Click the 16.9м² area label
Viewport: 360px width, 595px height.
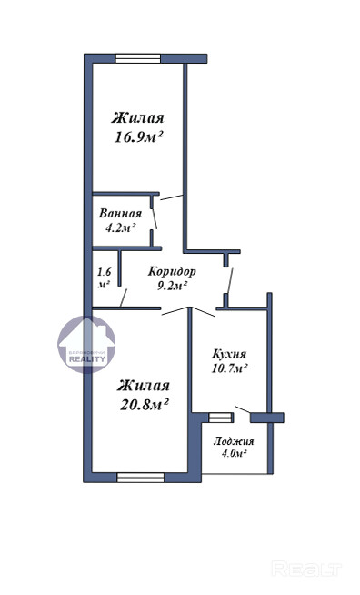click(x=138, y=137)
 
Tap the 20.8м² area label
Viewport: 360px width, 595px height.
click(x=145, y=405)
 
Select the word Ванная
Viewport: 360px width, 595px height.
click(x=120, y=213)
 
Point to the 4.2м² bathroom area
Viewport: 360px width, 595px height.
click(x=121, y=228)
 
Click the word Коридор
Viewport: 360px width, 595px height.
click(x=172, y=272)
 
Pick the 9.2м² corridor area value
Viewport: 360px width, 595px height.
click(x=173, y=286)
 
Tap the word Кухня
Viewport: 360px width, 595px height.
click(x=229, y=355)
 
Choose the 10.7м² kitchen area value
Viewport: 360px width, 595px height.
click(x=229, y=368)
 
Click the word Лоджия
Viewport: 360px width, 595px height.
click(x=234, y=441)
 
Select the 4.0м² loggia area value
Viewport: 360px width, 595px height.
click(x=234, y=453)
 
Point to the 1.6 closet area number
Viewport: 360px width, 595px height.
click(x=104, y=272)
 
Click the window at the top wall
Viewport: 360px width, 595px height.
click(x=138, y=58)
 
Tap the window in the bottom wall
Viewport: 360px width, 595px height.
click(x=140, y=478)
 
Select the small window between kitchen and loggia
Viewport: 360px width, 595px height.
click(x=220, y=418)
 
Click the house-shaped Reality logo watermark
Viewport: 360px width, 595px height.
click(x=87, y=345)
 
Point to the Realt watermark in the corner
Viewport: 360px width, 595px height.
click(x=306, y=569)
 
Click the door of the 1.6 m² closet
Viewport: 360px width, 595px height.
click(x=124, y=297)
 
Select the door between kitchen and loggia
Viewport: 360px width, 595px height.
click(x=243, y=409)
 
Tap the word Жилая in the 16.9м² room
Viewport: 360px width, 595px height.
click(x=137, y=118)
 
